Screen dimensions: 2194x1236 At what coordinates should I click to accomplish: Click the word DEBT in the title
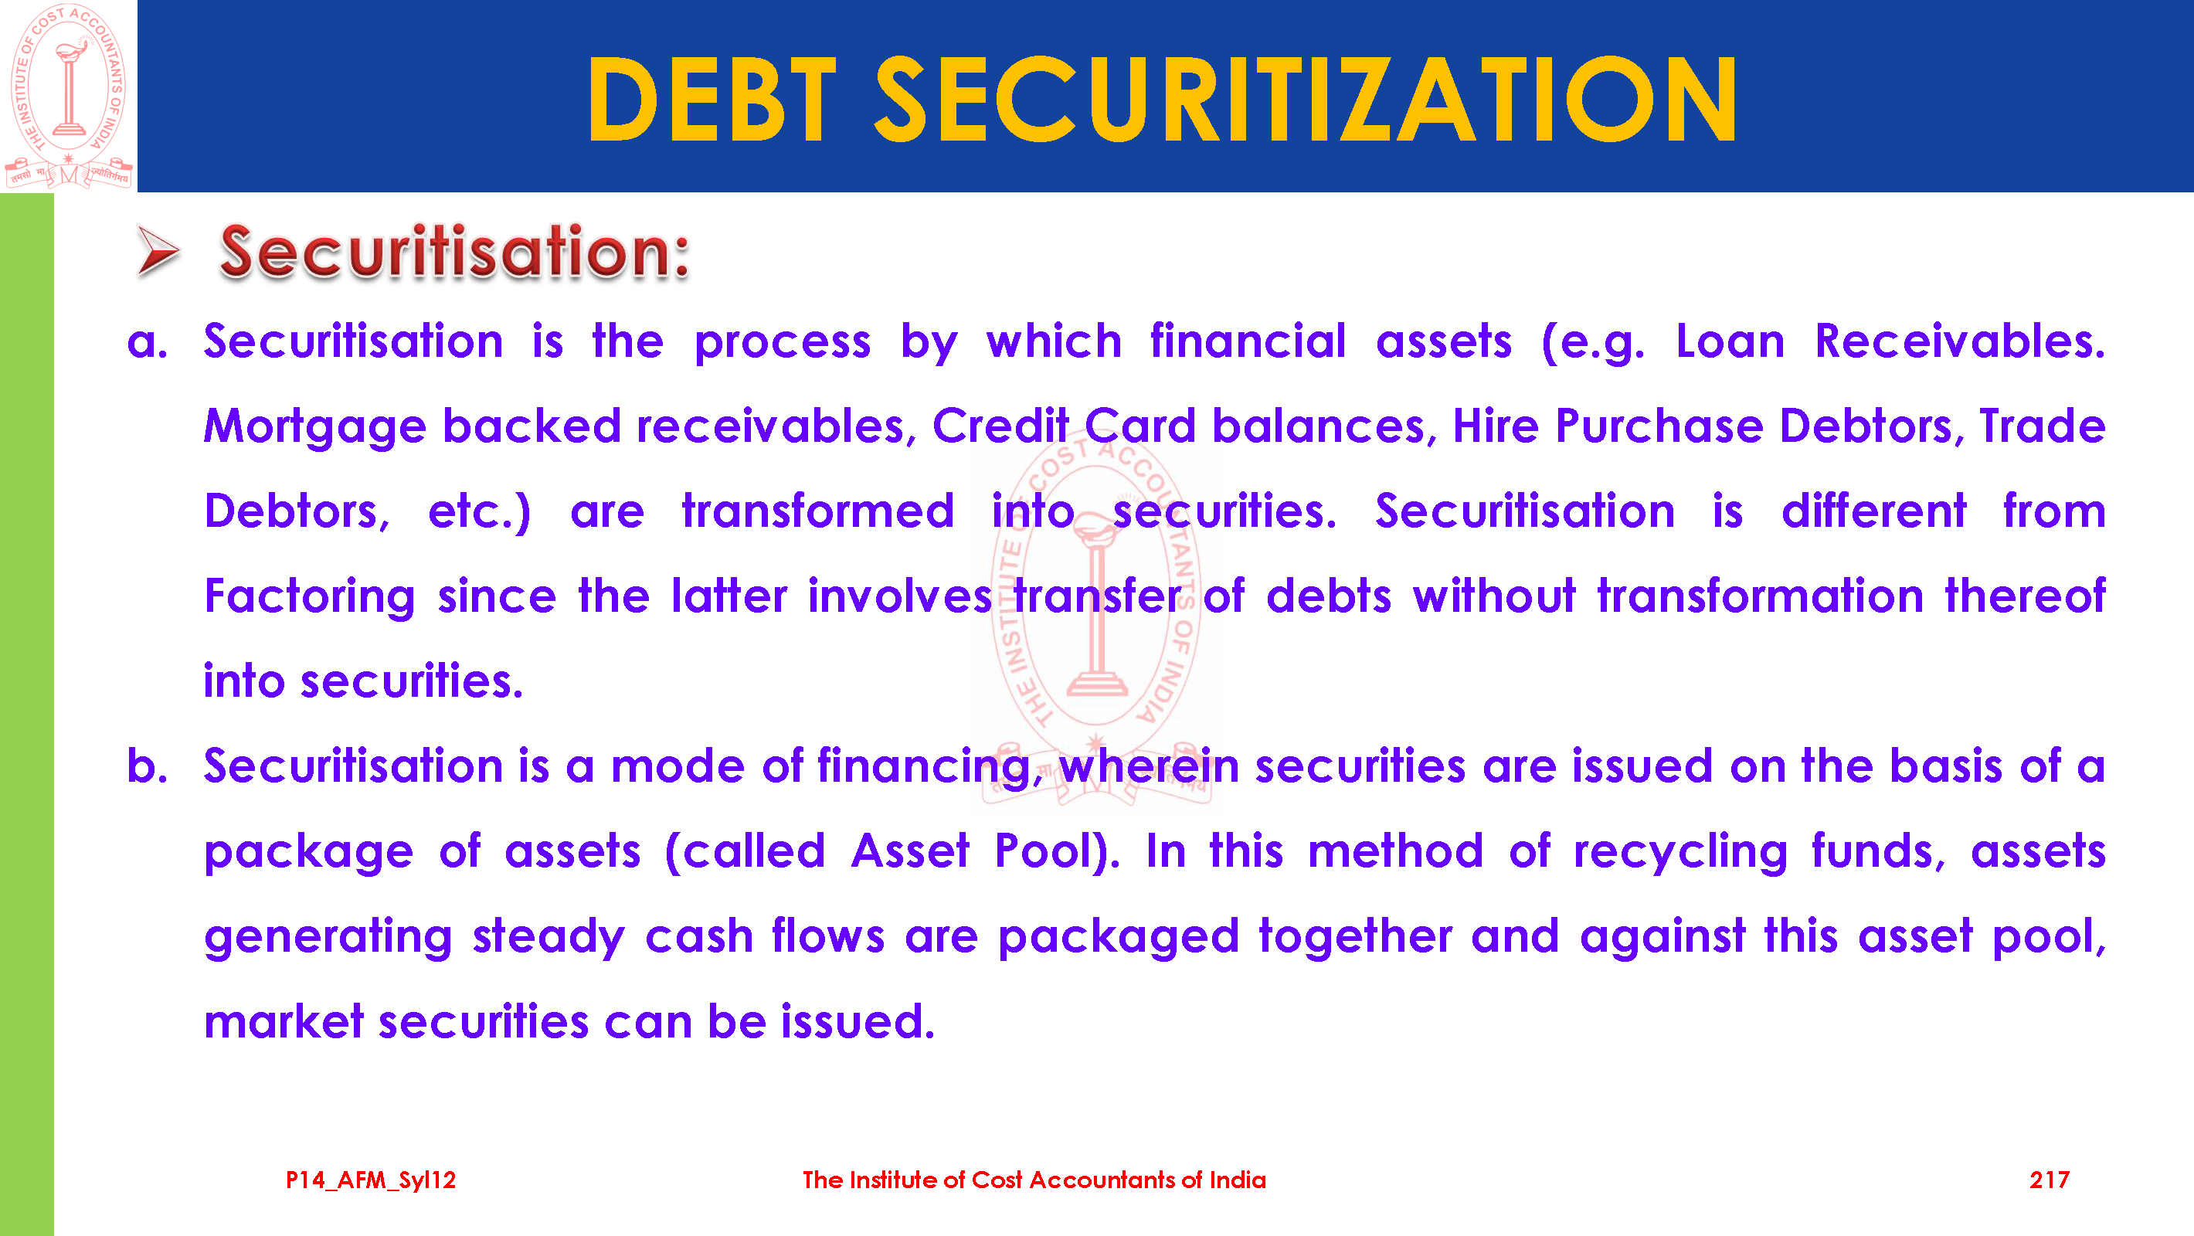[x=712, y=99]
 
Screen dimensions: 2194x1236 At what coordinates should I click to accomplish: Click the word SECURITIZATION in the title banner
[x=1306, y=99]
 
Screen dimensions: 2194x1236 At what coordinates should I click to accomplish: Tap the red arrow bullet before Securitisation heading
[x=158, y=251]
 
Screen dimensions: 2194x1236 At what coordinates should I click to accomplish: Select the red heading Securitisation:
[x=454, y=251]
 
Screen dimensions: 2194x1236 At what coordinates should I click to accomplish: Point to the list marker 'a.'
[x=147, y=342]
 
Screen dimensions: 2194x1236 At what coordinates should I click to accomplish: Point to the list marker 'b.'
[x=147, y=765]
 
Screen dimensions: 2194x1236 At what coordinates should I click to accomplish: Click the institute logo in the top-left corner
[x=68, y=96]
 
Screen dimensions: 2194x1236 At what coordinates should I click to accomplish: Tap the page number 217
[x=2050, y=1180]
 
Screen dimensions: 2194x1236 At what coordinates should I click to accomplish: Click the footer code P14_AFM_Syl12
[x=371, y=1180]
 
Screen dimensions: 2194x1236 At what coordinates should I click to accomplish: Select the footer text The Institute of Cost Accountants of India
[x=1034, y=1180]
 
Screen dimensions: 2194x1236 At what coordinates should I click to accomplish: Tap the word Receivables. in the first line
[x=1960, y=341]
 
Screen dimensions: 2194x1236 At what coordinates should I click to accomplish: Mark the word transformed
[x=817, y=511]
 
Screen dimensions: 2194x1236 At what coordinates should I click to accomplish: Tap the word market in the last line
[x=284, y=1021]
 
